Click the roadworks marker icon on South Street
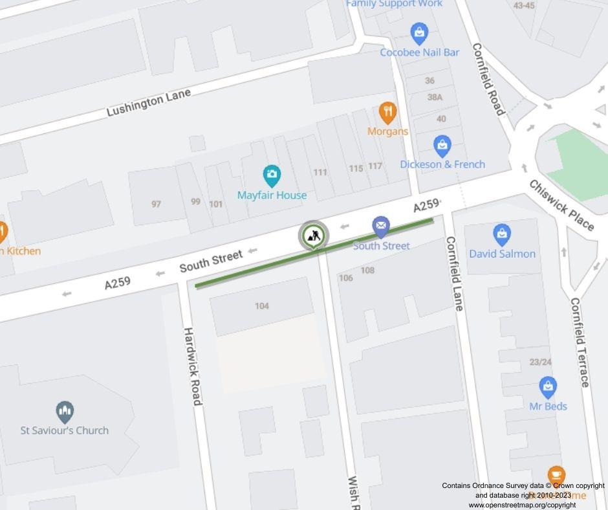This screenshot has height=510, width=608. tap(314, 236)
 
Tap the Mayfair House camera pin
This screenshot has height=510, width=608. tap(272, 175)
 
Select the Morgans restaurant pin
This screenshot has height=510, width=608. tap(387, 113)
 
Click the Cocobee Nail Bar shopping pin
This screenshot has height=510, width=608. tap(419, 33)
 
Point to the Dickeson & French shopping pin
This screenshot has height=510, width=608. tap(442, 146)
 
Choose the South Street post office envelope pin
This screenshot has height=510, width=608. tap(381, 227)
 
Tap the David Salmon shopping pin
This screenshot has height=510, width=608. tap(502, 235)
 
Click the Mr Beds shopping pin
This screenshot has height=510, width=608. tap(548, 388)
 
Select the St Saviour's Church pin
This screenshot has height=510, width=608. tap(64, 412)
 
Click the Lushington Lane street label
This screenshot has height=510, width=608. tap(149, 103)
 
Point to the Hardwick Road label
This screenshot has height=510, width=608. tap(193, 366)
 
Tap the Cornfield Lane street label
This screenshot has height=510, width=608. tap(455, 273)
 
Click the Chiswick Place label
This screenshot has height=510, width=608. tap(561, 205)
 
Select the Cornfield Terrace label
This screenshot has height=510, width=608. tap(579, 342)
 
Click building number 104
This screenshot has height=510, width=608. tap(262, 306)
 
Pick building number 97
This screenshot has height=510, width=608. tap(156, 204)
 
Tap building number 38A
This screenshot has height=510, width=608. tap(435, 97)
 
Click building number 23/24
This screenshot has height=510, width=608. tap(541, 362)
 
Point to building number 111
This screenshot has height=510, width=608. tap(320, 172)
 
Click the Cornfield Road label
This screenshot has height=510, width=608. tap(488, 79)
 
